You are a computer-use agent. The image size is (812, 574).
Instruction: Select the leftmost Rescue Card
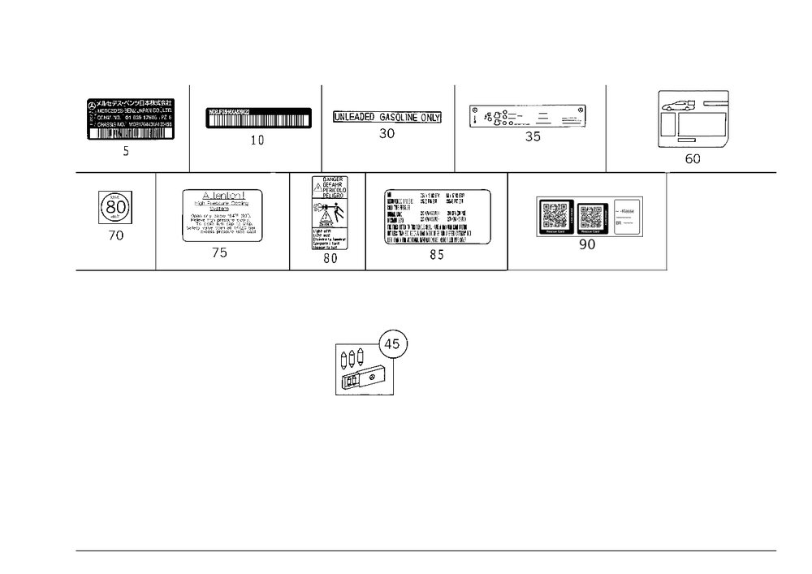tap(554, 215)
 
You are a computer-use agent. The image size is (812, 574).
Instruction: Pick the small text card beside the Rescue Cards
tap(627, 216)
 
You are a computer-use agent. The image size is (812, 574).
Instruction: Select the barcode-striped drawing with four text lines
tap(131, 119)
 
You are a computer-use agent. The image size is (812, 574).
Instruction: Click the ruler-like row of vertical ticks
tap(257, 119)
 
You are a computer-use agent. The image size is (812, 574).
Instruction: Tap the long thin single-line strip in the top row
tap(387, 117)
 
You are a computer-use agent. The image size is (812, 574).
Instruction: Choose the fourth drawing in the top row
tap(529, 119)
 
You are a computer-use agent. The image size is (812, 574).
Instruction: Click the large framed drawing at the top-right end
tap(692, 119)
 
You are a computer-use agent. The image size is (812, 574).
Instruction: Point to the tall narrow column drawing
tap(328, 214)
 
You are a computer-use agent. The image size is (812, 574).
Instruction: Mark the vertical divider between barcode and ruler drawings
tap(188, 126)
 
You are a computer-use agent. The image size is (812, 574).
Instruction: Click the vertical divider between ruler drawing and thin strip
tap(320, 126)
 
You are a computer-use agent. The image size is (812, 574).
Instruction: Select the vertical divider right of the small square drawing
tap(154, 221)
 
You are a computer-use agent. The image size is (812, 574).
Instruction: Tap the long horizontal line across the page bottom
tap(426, 550)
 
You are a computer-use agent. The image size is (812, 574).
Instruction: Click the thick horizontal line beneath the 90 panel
tap(588, 270)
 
